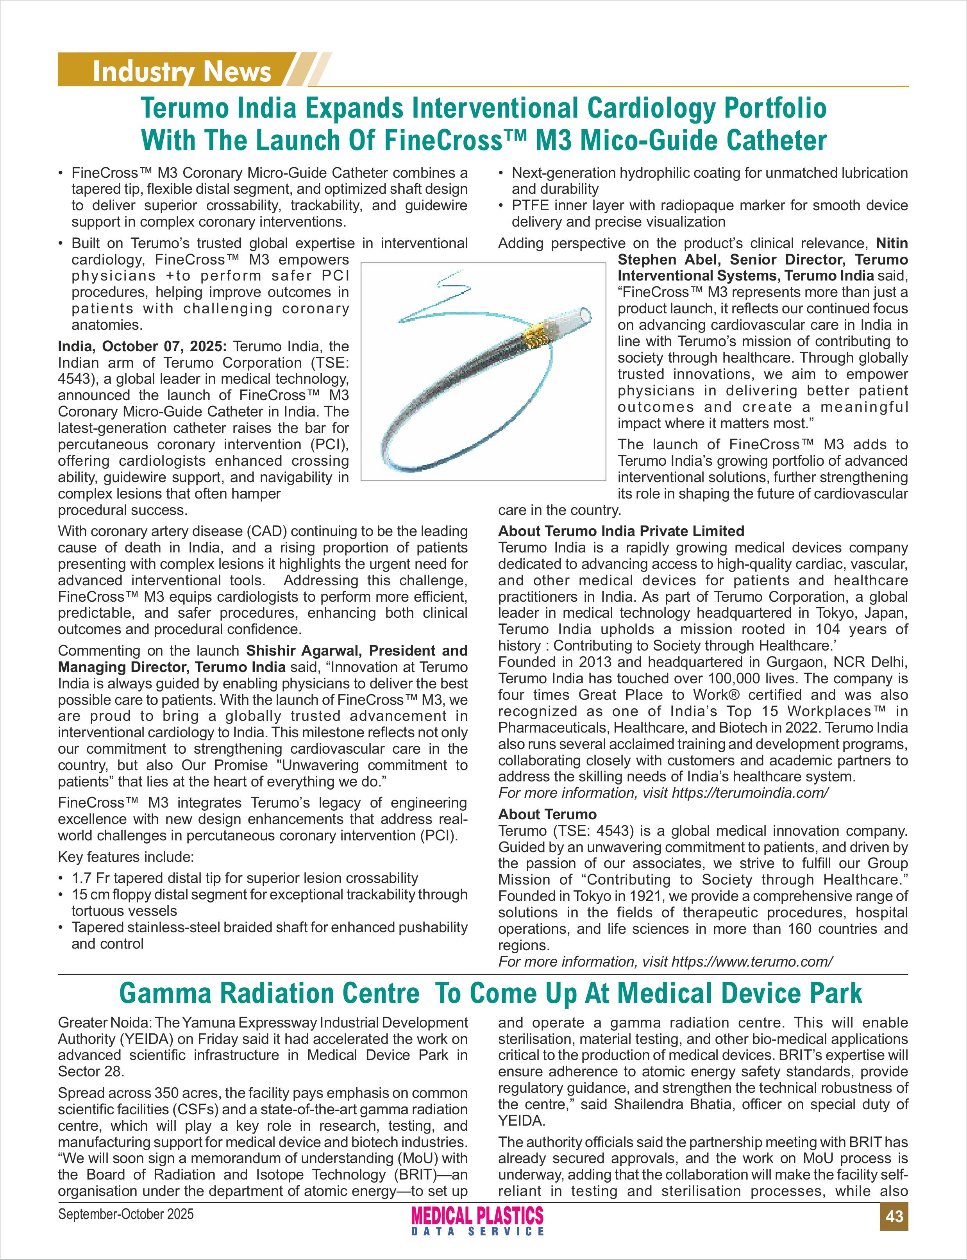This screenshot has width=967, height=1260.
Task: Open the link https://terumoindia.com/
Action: [750, 793]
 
